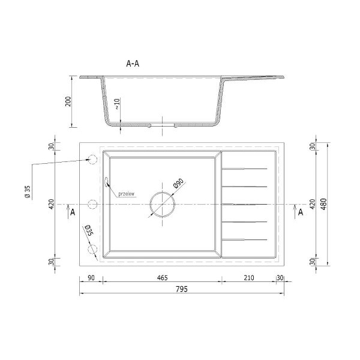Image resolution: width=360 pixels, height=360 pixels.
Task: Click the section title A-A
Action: point(133,64)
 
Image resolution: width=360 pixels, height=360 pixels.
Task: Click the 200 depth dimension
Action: point(68,101)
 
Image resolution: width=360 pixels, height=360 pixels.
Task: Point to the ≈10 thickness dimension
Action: point(117,104)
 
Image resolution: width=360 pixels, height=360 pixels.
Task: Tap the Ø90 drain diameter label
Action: point(179,183)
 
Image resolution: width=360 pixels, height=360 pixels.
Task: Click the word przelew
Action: point(126,194)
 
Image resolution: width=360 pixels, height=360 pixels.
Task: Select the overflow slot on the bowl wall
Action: point(106,182)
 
